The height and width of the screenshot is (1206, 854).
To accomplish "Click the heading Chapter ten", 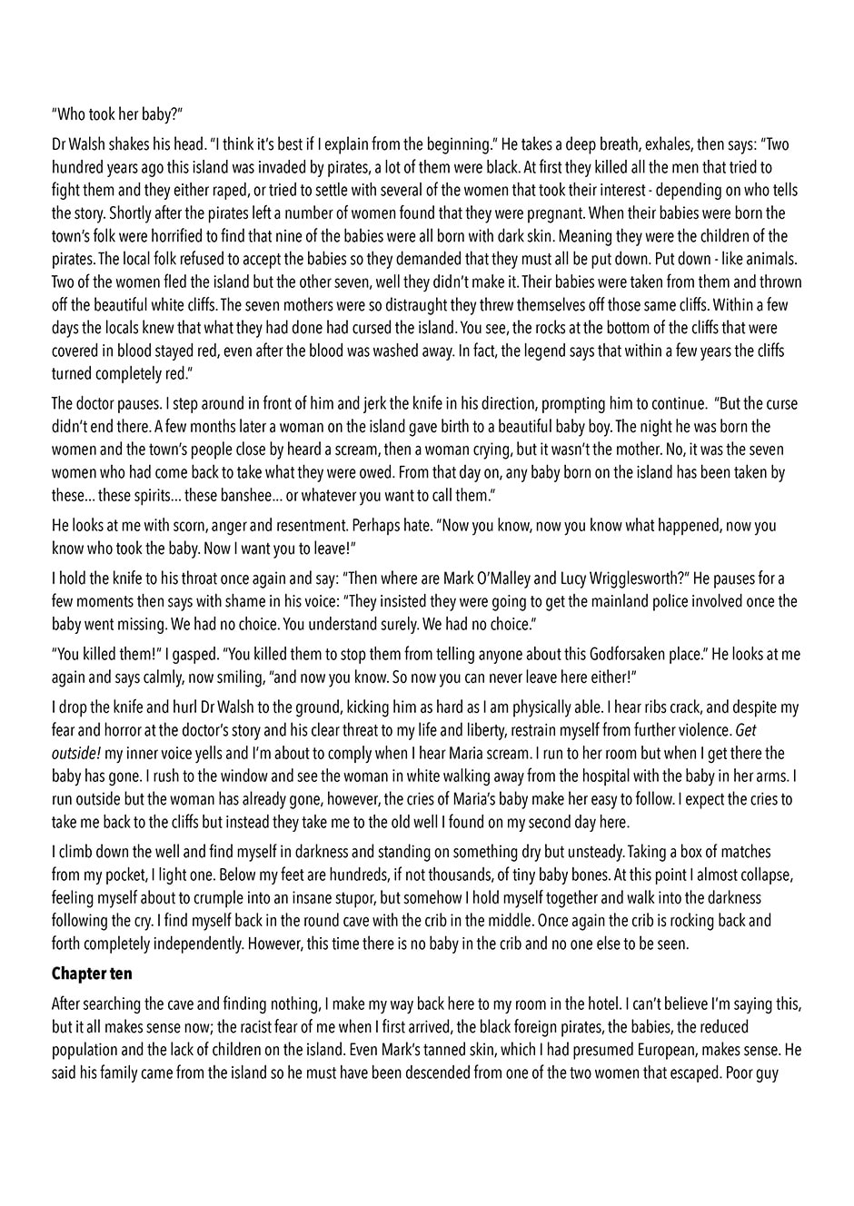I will click(92, 974).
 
